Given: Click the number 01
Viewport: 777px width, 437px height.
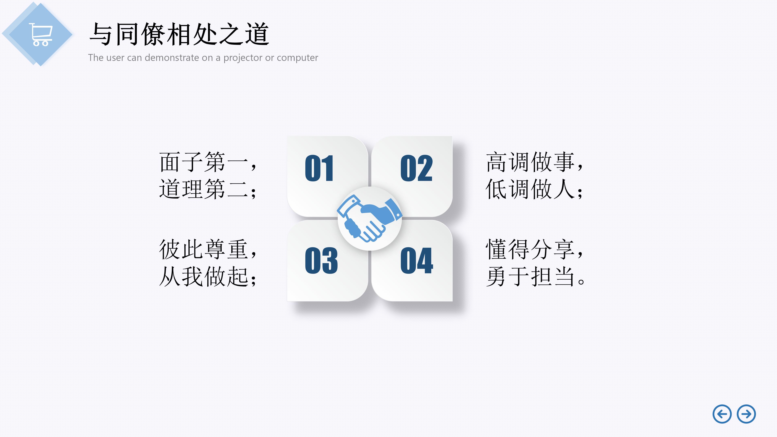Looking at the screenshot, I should tap(319, 168).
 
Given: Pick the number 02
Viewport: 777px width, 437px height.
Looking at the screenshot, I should tap(417, 168).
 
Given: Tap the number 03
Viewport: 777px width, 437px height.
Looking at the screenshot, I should tap(321, 261).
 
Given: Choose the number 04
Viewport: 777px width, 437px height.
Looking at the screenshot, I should tap(417, 261).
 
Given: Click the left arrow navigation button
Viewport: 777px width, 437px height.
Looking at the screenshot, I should tap(722, 414).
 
